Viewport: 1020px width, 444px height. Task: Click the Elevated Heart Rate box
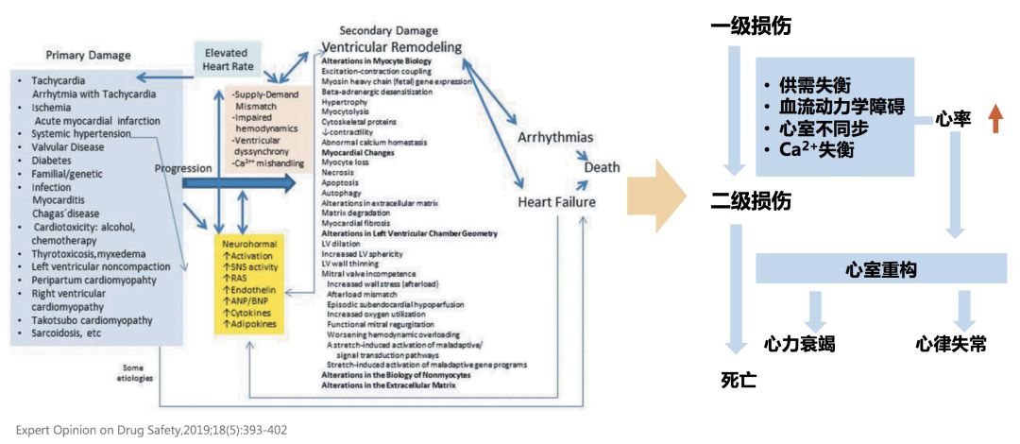(227, 58)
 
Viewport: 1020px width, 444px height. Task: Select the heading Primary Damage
(88, 55)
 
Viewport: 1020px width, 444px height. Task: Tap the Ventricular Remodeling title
(391, 46)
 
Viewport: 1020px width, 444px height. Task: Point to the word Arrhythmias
(555, 138)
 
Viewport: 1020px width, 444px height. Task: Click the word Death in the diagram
(603, 167)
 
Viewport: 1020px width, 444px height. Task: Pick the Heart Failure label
(557, 202)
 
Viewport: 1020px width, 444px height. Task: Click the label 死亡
(739, 380)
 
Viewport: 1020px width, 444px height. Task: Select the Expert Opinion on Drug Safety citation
(152, 430)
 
